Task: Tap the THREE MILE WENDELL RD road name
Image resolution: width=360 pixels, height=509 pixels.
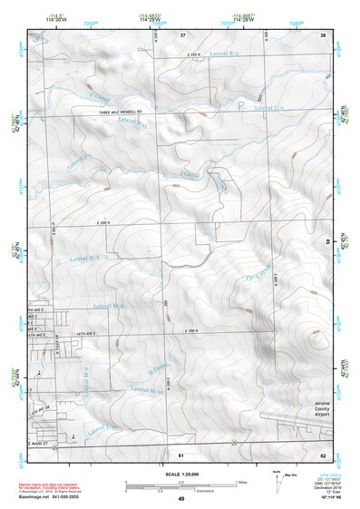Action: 121,113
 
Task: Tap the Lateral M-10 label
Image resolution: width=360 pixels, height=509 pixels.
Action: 147,389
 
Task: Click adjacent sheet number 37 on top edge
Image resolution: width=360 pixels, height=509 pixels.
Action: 182,34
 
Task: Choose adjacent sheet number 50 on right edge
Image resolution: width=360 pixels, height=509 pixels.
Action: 328,241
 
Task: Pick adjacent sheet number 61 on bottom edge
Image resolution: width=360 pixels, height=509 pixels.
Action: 181,454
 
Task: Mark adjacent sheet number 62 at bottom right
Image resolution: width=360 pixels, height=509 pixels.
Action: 322,454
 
